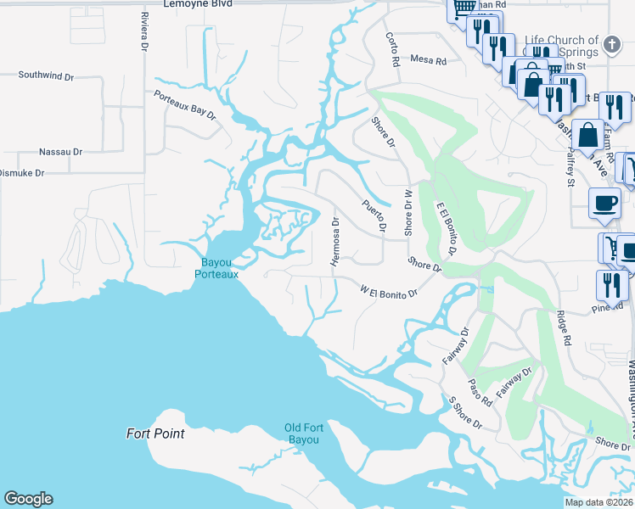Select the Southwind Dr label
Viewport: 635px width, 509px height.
click(47, 76)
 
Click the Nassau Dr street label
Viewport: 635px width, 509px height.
click(60, 152)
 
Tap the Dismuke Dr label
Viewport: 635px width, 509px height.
click(20, 172)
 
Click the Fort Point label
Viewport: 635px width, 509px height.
click(155, 433)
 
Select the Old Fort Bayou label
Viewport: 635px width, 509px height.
click(302, 433)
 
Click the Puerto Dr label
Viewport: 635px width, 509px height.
click(374, 216)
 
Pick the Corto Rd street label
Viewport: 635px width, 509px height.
click(392, 51)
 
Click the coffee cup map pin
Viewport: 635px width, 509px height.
click(605, 203)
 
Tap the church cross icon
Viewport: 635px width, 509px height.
click(610, 42)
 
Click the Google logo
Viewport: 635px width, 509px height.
click(28, 499)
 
